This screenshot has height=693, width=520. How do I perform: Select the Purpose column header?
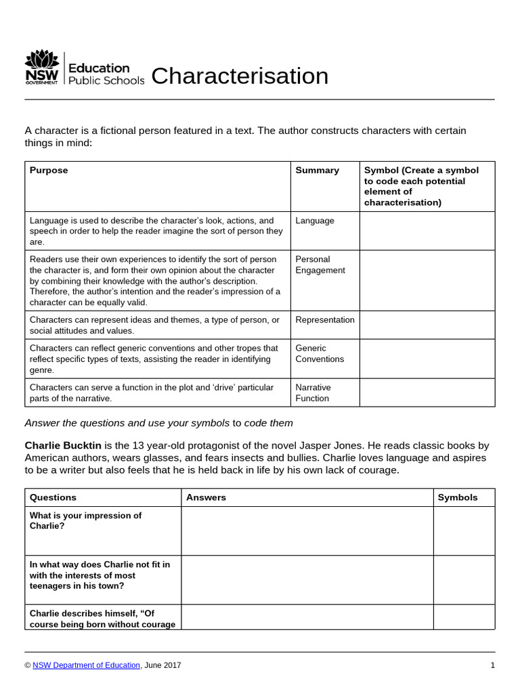click(49, 171)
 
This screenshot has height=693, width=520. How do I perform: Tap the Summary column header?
click(317, 171)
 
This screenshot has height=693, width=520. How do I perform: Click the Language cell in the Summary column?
click(315, 221)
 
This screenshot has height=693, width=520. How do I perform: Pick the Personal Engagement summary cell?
click(320, 265)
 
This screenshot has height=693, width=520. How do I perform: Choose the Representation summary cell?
click(325, 319)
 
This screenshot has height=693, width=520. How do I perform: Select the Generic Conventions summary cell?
click(320, 353)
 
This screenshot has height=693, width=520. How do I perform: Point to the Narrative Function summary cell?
click(313, 393)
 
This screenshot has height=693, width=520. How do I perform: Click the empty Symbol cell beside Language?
click(427, 231)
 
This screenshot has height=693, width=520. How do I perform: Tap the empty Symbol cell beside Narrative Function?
click(427, 393)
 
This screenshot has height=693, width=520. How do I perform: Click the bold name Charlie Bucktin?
click(63, 445)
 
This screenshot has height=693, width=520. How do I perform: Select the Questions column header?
click(53, 497)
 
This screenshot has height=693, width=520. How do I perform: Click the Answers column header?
click(206, 497)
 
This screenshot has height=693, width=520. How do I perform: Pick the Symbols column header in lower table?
click(458, 497)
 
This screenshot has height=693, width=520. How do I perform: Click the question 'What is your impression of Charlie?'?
click(85, 520)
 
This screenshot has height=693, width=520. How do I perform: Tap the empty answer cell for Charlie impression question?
click(307, 531)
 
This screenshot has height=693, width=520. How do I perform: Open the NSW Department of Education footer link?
click(87, 665)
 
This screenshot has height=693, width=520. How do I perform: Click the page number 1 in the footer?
click(492, 665)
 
